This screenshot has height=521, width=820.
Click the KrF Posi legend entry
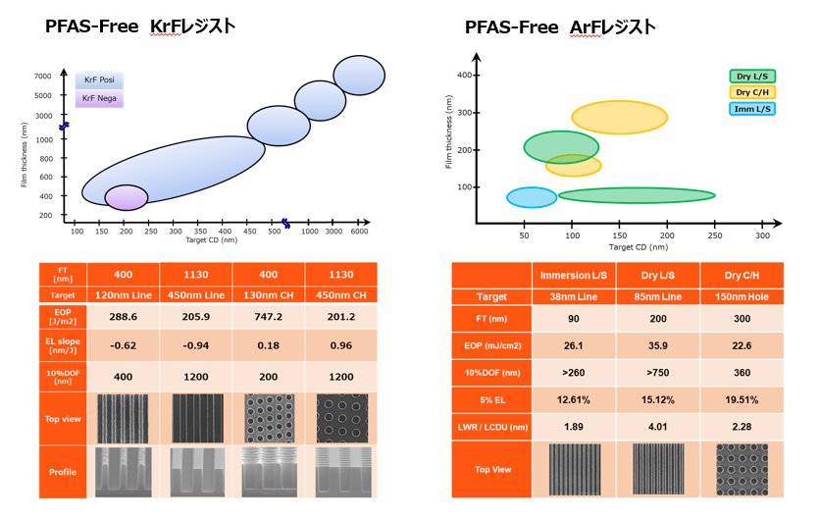pos(100,80)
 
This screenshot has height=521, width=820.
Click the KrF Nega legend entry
pos(100,98)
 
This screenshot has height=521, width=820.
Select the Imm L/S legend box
pos(752,108)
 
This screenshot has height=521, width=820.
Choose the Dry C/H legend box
pos(752,92)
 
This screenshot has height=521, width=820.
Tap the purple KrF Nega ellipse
pos(126,197)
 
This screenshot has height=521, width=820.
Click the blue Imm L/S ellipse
pos(532,197)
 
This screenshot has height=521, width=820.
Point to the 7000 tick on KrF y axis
pos(43,76)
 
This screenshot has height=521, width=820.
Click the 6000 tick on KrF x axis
pos(359,232)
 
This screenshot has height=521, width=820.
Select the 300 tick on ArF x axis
pos(763,236)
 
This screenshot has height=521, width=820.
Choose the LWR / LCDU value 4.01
pos(656,426)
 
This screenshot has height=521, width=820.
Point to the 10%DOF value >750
pos(656,373)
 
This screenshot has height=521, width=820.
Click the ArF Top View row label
pos(491,469)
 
